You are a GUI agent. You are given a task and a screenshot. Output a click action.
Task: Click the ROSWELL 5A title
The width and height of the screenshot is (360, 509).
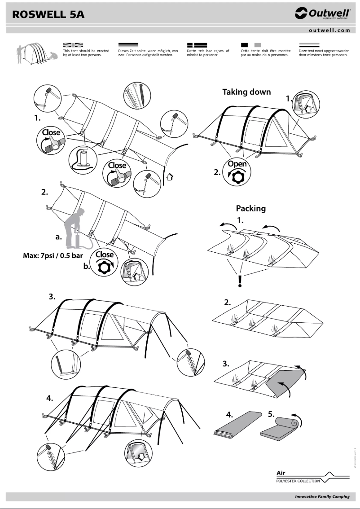(48, 15)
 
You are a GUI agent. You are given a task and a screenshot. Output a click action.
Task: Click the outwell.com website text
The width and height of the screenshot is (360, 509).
(329, 30)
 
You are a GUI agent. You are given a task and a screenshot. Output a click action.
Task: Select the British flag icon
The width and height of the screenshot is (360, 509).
(73, 45)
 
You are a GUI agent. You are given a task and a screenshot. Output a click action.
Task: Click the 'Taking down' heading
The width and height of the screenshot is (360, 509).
(246, 92)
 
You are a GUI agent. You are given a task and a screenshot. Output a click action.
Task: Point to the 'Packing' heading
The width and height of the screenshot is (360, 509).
(250, 208)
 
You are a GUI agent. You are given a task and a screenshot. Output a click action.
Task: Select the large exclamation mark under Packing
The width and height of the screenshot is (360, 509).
(240, 281)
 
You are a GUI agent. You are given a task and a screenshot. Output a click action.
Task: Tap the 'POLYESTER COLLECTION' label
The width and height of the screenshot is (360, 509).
(298, 481)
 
